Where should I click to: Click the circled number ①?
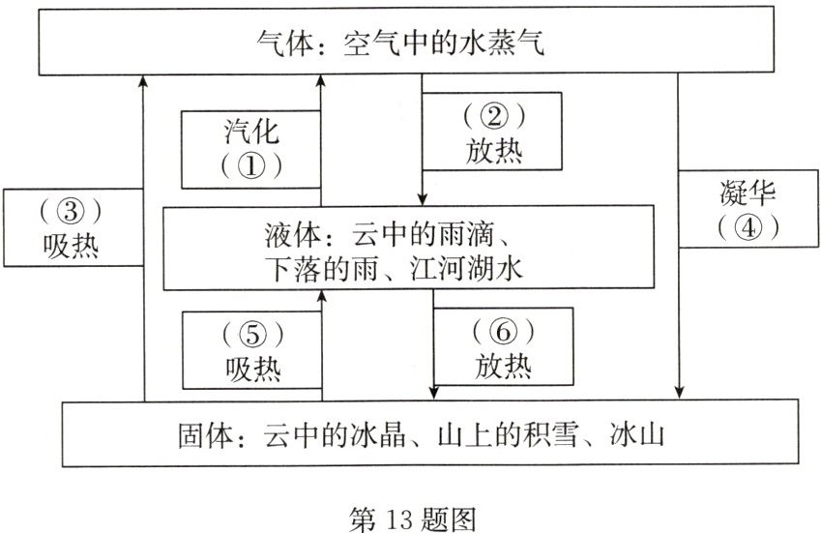[x=251, y=166]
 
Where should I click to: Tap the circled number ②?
[x=494, y=116]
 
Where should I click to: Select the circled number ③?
[x=71, y=211]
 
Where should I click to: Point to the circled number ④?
[x=748, y=227]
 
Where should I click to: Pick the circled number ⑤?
[x=253, y=334]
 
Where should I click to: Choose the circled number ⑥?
[x=503, y=331]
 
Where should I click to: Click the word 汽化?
[x=251, y=132]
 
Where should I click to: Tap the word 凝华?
[x=748, y=192]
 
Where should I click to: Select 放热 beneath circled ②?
[x=494, y=151]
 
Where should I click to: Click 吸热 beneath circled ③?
[x=71, y=246]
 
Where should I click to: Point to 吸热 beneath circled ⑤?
[x=253, y=370]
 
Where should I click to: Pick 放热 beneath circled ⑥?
[x=503, y=366]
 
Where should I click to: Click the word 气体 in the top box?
[x=285, y=43]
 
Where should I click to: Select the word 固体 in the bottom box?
[x=205, y=435]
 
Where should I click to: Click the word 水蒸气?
[x=502, y=43]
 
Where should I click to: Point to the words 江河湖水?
[x=467, y=269]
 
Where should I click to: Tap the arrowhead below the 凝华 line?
[x=679, y=392]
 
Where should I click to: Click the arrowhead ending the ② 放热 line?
[x=423, y=199]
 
